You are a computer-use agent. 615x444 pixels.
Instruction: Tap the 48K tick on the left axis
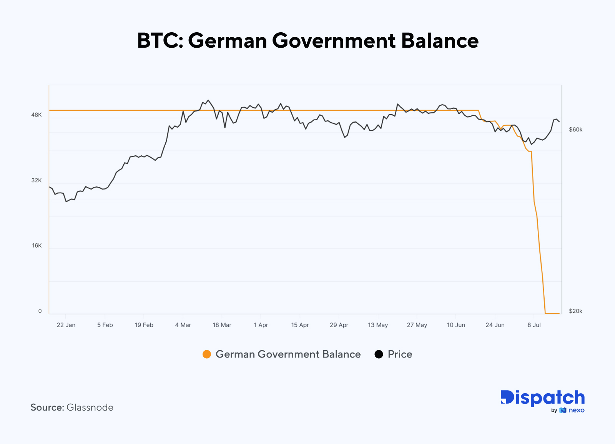click(37, 115)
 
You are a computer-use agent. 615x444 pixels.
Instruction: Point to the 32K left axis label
click(37, 180)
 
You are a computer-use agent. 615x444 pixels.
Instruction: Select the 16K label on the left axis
click(37, 246)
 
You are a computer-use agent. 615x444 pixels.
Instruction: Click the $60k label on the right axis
click(575, 130)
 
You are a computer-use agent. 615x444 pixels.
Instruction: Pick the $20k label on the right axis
click(575, 311)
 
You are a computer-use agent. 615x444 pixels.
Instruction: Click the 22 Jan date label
click(66, 325)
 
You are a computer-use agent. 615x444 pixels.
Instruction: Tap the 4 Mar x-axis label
click(183, 325)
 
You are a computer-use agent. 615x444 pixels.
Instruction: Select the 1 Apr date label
click(261, 325)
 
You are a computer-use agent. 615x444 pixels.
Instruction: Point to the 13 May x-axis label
click(378, 325)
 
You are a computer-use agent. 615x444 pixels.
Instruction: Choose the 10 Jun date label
click(456, 325)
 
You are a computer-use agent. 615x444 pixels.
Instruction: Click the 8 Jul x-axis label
click(534, 325)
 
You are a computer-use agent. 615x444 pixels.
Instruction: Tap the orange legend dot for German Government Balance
click(207, 354)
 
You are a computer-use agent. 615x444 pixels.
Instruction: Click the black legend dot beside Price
click(379, 354)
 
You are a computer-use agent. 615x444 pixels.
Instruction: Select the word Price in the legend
click(400, 354)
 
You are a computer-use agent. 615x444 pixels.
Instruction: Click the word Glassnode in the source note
click(90, 407)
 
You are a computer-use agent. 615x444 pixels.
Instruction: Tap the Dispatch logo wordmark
click(542, 398)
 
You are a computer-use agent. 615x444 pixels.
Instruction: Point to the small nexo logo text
click(576, 410)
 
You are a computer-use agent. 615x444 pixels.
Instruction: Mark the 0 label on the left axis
click(40, 311)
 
